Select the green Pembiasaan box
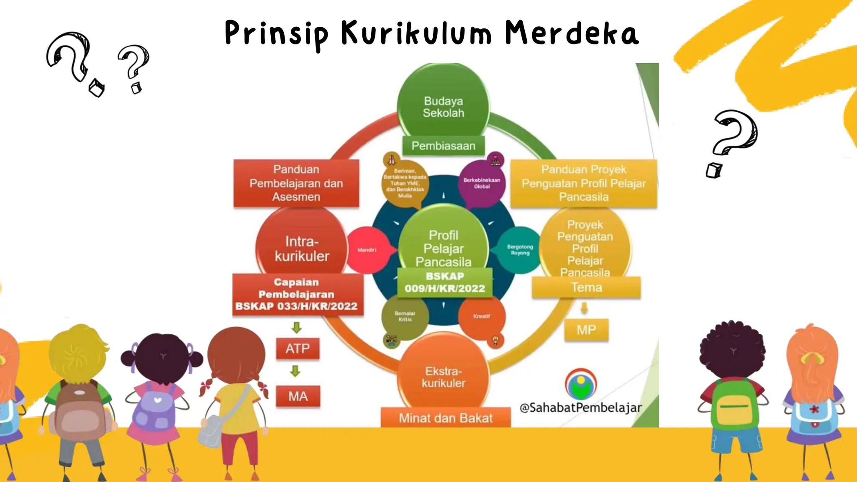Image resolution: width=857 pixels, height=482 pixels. point(444,146)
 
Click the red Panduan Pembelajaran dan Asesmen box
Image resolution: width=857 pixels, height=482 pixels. point(296,183)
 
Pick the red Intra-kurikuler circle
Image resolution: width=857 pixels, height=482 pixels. point(301,249)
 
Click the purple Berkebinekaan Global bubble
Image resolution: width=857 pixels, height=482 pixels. point(482,183)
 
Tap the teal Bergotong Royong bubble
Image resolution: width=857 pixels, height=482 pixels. point(520,250)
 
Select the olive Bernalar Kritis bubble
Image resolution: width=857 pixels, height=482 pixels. point(405,317)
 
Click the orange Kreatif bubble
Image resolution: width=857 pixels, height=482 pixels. point(482,317)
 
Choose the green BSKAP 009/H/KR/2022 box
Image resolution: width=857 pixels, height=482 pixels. point(444,282)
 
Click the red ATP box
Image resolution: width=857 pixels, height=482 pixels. point(298,349)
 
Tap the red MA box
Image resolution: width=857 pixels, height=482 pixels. point(298,396)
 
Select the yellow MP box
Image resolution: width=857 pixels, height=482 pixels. point(586,330)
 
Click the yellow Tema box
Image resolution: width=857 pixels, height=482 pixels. point(586,288)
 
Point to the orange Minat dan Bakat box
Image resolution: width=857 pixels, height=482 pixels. point(446,418)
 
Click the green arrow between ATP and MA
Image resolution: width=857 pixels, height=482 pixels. point(295,371)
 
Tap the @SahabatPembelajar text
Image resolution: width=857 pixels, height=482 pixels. point(580,408)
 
